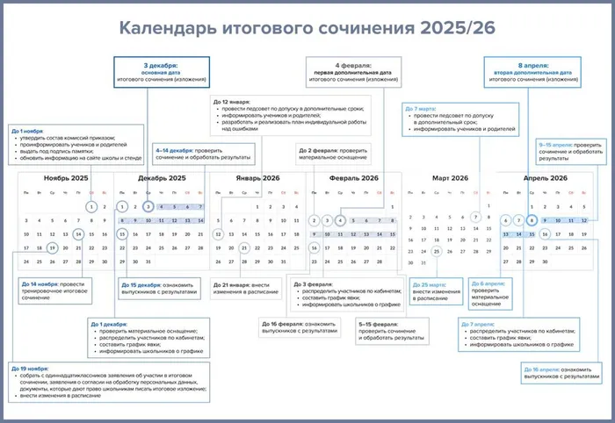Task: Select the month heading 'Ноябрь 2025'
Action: (x=67, y=178)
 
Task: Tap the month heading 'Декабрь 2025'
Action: (x=162, y=178)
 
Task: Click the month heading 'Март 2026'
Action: (x=450, y=178)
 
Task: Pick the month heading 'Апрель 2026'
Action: (x=546, y=178)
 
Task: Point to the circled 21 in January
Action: (x=244, y=248)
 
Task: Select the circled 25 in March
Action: (x=437, y=248)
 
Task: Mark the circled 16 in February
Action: (x=315, y=248)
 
